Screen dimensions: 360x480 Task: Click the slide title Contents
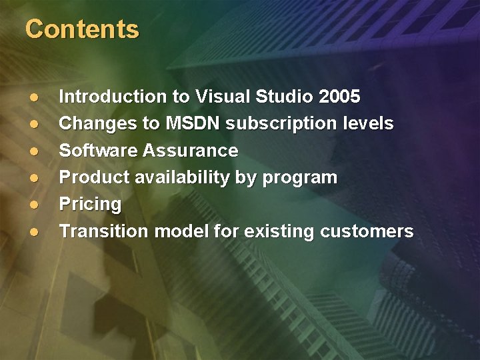click(82, 29)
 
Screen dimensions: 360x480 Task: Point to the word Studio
click(285, 97)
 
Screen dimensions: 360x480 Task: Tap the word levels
click(370, 124)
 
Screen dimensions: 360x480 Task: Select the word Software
click(98, 151)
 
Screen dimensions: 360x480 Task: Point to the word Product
click(91, 178)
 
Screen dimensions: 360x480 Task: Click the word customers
click(367, 231)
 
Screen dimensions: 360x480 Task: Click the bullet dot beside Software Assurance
click(33, 151)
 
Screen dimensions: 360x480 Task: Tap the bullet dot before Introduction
click(33, 97)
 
